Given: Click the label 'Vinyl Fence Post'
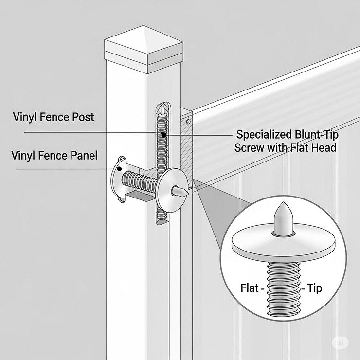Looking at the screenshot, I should (54, 117).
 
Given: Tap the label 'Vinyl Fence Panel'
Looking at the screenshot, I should (54, 156).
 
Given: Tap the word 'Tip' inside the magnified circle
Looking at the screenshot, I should (314, 288).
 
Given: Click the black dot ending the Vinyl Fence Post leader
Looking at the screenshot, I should (164, 134).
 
